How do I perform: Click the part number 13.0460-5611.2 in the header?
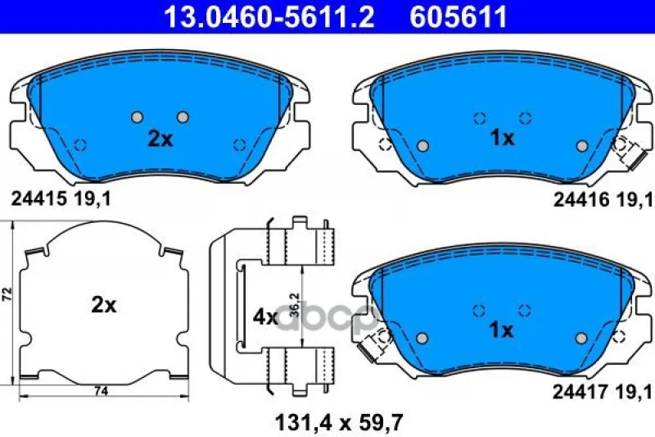point(269,16)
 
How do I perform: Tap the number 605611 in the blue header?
point(458,16)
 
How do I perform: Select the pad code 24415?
point(38,199)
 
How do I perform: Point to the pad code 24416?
point(581,200)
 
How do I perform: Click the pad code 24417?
point(580,392)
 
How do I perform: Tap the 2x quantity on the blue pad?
point(160,139)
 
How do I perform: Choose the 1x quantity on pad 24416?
point(503,138)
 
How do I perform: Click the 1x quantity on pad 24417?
point(501,330)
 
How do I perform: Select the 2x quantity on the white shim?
point(104,305)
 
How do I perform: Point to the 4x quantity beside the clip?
point(265,317)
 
